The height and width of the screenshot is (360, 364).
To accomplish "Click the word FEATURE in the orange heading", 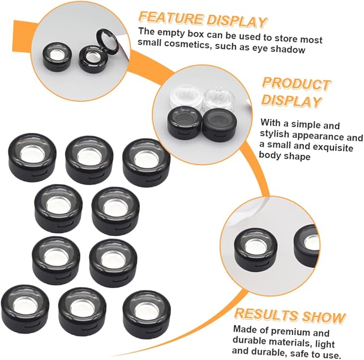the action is click(x=172, y=18).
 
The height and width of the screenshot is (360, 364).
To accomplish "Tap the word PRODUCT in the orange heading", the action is click(x=296, y=84).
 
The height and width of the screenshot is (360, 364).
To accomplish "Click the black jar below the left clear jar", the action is click(x=184, y=122).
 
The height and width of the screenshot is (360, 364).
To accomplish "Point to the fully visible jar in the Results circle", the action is click(x=256, y=248).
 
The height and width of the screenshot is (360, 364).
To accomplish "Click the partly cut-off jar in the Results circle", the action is click(x=307, y=246).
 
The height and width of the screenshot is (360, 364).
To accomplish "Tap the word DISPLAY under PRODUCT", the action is click(x=292, y=101).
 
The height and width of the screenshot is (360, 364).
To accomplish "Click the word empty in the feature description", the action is click(x=171, y=33).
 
